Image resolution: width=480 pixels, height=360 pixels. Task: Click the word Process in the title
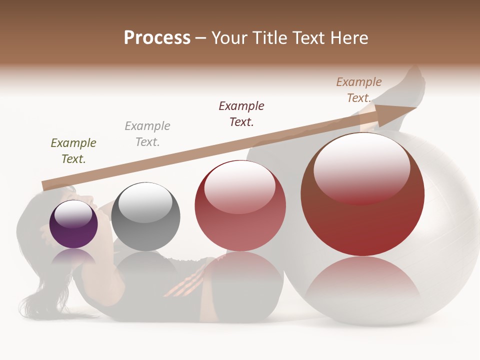click(x=157, y=38)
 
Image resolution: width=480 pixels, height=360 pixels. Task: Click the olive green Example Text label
click(x=73, y=151)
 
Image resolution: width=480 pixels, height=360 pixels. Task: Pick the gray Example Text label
click(x=147, y=134)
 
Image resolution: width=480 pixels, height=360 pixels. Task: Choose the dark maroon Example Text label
click(x=241, y=113)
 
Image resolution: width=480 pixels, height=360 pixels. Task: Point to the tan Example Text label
click(x=359, y=90)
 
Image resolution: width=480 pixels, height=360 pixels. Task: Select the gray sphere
click(x=145, y=220)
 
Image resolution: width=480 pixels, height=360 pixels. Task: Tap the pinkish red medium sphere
click(x=240, y=210)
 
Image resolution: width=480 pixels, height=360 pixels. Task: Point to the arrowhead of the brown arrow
click(x=395, y=114)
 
